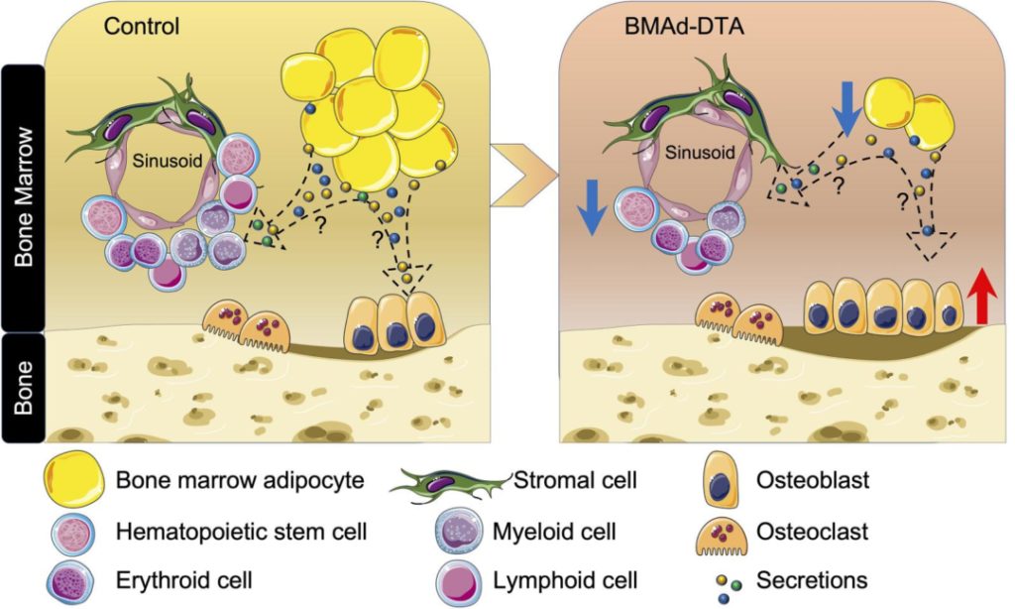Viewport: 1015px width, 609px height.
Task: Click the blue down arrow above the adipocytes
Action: coord(846,111)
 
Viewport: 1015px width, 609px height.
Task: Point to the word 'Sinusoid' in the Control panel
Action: coord(163,159)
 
